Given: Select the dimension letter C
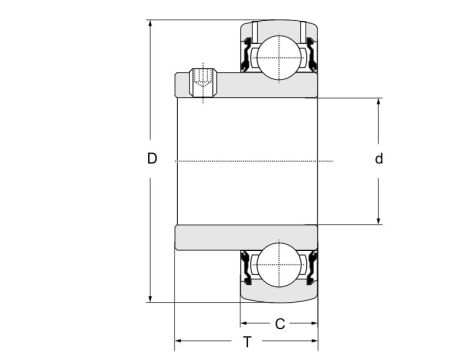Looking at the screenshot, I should point(280,323).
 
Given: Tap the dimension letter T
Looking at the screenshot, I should point(247,342).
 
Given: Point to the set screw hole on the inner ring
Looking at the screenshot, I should point(203,80).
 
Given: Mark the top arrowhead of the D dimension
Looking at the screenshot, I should point(149,23).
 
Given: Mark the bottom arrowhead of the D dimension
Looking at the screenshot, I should point(149,297).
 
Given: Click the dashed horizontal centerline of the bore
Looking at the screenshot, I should point(250,161).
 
